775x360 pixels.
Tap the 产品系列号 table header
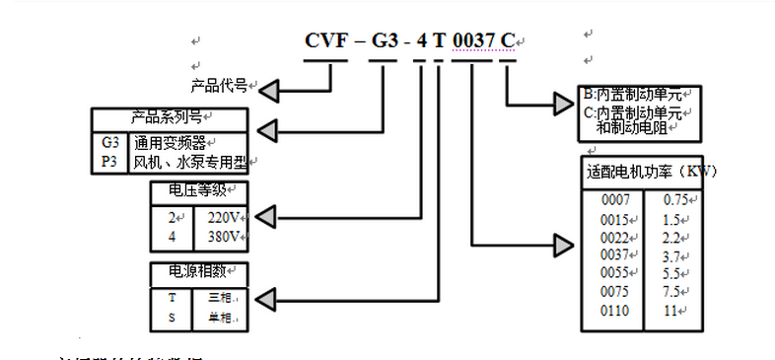(169, 116)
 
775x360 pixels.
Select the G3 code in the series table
(109, 142)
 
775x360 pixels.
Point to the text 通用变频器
(176, 142)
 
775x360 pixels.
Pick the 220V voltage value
(224, 217)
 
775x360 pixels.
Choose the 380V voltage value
(224, 237)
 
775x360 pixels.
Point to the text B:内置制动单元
(632, 96)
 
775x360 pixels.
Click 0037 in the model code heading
(471, 40)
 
